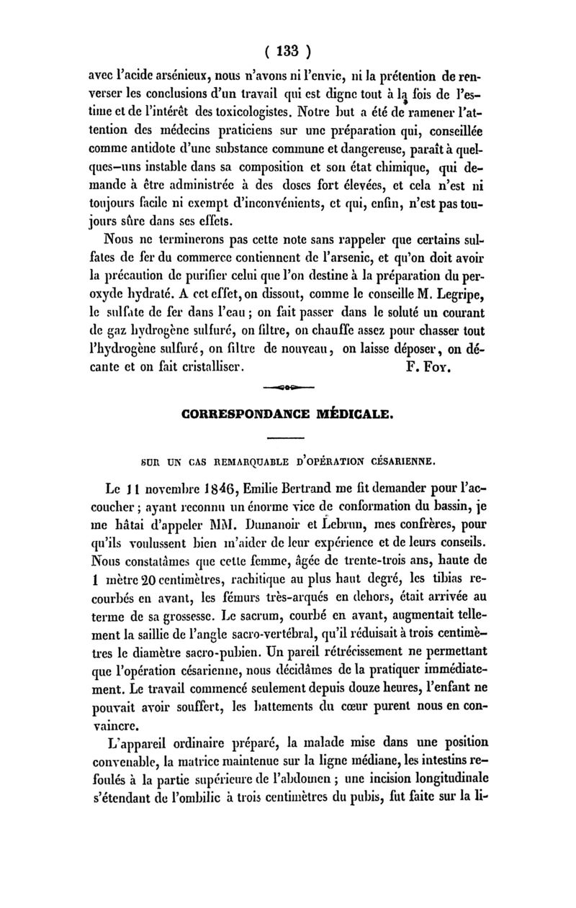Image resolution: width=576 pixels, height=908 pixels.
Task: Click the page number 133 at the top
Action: (287, 53)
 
